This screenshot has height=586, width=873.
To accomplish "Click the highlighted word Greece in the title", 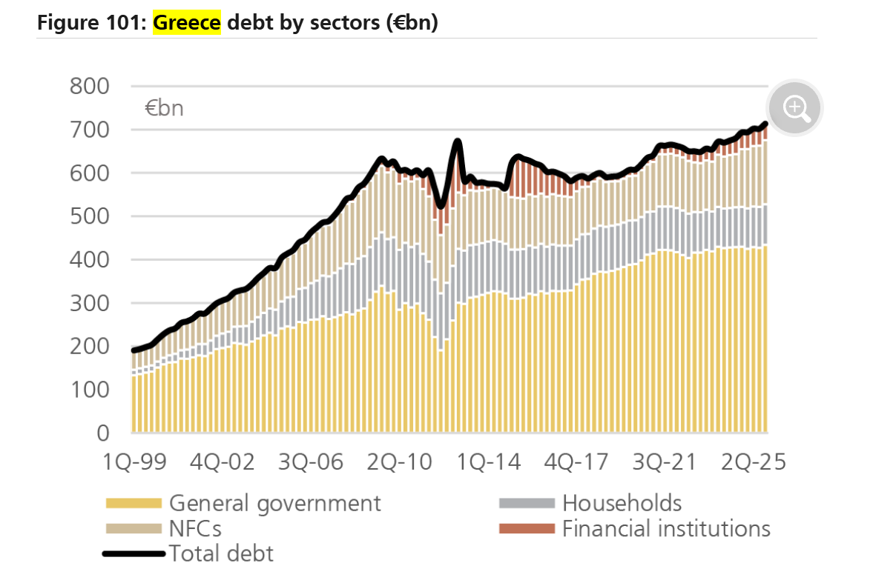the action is [186, 23].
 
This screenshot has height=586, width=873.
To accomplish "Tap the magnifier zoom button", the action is [795, 108].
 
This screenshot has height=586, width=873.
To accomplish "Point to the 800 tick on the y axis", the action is [89, 86].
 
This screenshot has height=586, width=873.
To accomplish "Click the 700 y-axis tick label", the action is [89, 130].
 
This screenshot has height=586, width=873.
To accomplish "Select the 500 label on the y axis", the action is [89, 216].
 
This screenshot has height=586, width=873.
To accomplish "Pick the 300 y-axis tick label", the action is [89, 303].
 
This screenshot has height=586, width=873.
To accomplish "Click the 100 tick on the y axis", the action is [89, 390].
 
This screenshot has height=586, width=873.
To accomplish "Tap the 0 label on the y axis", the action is [103, 433].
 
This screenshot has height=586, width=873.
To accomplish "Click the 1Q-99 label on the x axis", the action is [134, 462].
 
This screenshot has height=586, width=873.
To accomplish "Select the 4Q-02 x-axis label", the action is [223, 462].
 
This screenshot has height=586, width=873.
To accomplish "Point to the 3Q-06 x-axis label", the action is [311, 462].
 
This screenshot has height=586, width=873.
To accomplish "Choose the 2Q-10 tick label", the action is [399, 462].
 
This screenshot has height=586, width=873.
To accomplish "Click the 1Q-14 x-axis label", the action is [488, 462].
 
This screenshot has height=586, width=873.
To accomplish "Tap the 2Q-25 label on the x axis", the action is [754, 462].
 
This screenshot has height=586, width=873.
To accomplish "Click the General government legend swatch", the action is [134, 504].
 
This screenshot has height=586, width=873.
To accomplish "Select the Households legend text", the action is [622, 503].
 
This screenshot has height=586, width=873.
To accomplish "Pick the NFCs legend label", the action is [195, 529].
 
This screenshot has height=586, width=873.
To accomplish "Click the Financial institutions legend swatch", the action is [527, 529].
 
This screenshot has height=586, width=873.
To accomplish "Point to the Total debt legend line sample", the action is [134, 553].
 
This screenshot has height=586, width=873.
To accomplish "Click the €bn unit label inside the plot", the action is [164, 108].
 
